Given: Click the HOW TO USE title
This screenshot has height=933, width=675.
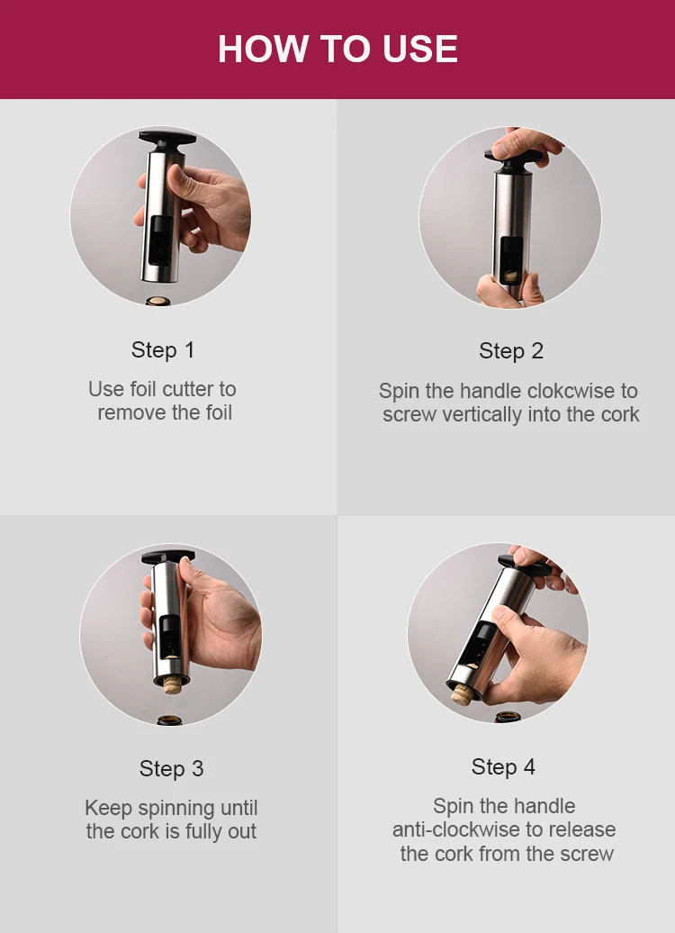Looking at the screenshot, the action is (x=337, y=49).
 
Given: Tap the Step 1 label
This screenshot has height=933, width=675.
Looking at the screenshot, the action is (x=163, y=349).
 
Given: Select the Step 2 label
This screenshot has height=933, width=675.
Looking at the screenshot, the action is (x=511, y=351).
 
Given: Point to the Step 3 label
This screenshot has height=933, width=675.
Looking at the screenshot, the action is (x=171, y=768).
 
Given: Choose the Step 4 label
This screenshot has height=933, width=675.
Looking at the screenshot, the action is (x=503, y=767).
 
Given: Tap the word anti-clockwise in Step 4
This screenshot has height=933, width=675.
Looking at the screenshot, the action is (x=456, y=829).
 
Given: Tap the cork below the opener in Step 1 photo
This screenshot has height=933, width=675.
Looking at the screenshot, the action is (x=158, y=301).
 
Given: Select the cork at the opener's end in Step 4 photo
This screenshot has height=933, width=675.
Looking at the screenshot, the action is (x=461, y=694).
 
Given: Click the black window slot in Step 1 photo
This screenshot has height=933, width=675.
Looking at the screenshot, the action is (x=160, y=241).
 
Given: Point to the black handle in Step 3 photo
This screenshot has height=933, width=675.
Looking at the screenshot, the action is (x=168, y=557).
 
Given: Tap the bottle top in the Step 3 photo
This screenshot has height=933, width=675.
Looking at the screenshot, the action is (x=170, y=720).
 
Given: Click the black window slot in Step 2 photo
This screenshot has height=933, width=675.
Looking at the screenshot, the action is (x=512, y=260).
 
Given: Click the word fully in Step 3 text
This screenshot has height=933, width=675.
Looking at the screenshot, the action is (x=203, y=832).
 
